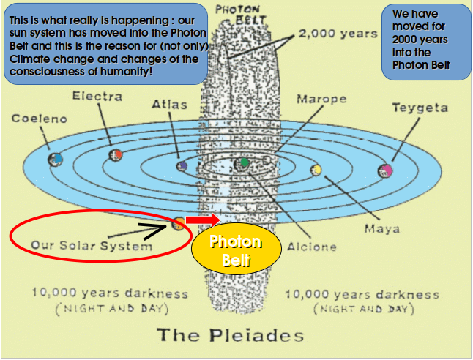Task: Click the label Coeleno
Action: tap(40, 119)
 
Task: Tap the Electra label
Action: tap(97, 96)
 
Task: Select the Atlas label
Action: tap(169, 105)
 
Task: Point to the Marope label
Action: tap(321, 99)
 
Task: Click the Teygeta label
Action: tap(420, 108)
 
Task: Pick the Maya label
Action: tap(382, 229)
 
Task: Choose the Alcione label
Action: tap(312, 247)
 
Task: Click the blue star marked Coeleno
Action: tap(56, 160)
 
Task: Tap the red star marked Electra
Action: tap(116, 155)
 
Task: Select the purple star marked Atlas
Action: tap(182, 166)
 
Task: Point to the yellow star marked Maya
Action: tap(316, 170)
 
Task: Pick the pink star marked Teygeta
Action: tap(385, 170)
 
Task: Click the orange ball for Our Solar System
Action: tap(178, 224)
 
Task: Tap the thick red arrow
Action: tap(203, 220)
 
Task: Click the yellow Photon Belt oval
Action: tap(236, 249)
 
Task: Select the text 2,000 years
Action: tap(338, 34)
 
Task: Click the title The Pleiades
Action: tap(230, 335)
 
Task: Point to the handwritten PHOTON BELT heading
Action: tap(241, 15)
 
